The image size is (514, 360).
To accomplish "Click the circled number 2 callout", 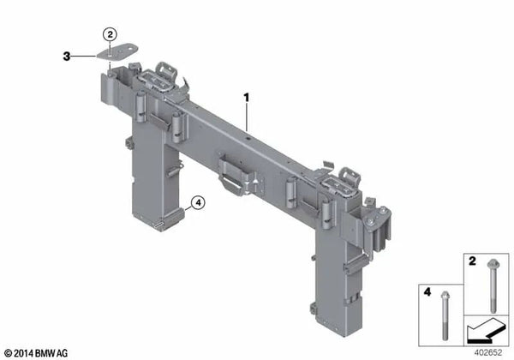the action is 110,34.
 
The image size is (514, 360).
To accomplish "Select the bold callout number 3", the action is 67,57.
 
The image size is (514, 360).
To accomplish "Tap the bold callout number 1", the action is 246,98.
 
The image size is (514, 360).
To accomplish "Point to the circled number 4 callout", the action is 198,203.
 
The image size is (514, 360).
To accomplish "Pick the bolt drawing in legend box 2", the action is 493,285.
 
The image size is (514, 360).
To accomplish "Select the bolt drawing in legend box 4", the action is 445,315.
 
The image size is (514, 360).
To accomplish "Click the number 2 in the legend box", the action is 472,261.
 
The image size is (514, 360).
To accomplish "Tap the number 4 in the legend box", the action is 427,291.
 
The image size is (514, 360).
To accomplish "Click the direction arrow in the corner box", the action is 485,331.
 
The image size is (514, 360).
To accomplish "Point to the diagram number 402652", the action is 488,352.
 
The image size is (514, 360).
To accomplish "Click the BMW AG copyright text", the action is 36,353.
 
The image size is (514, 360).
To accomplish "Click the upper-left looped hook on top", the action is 166,70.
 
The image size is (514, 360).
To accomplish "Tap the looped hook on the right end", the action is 350,176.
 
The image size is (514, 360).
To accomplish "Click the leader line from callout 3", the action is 83,57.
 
